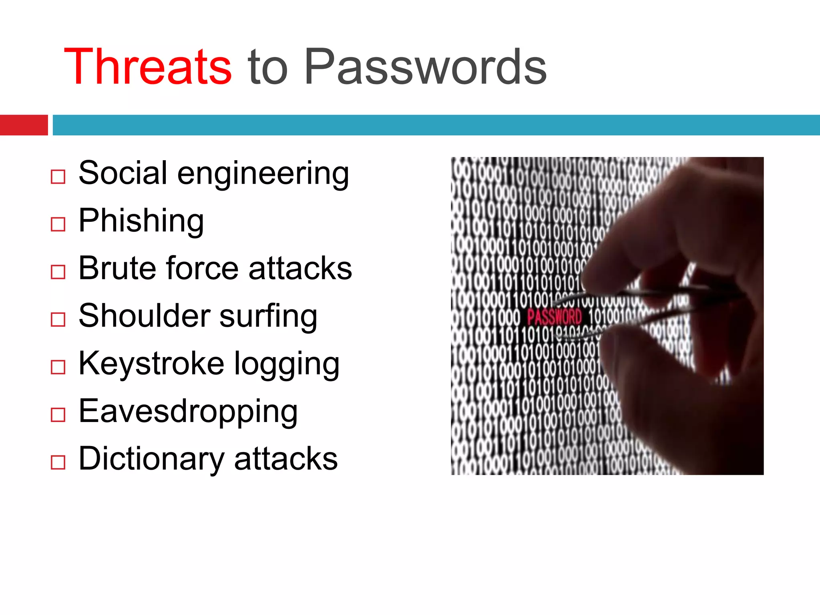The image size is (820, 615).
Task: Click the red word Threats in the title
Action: [x=147, y=67]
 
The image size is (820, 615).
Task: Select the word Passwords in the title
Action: [x=425, y=67]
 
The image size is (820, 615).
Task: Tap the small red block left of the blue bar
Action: [x=24, y=125]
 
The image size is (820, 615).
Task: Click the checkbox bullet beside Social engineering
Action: [x=58, y=177]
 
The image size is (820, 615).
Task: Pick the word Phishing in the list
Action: [x=141, y=221]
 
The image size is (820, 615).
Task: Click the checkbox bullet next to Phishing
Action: [x=58, y=224]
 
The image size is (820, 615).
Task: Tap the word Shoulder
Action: [x=144, y=316]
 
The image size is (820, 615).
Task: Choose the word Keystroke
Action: [x=151, y=363]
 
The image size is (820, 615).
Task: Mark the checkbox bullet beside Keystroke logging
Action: [x=58, y=367]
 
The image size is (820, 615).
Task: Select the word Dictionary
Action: [x=151, y=459]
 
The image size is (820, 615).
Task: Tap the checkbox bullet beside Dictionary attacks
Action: [x=58, y=462]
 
